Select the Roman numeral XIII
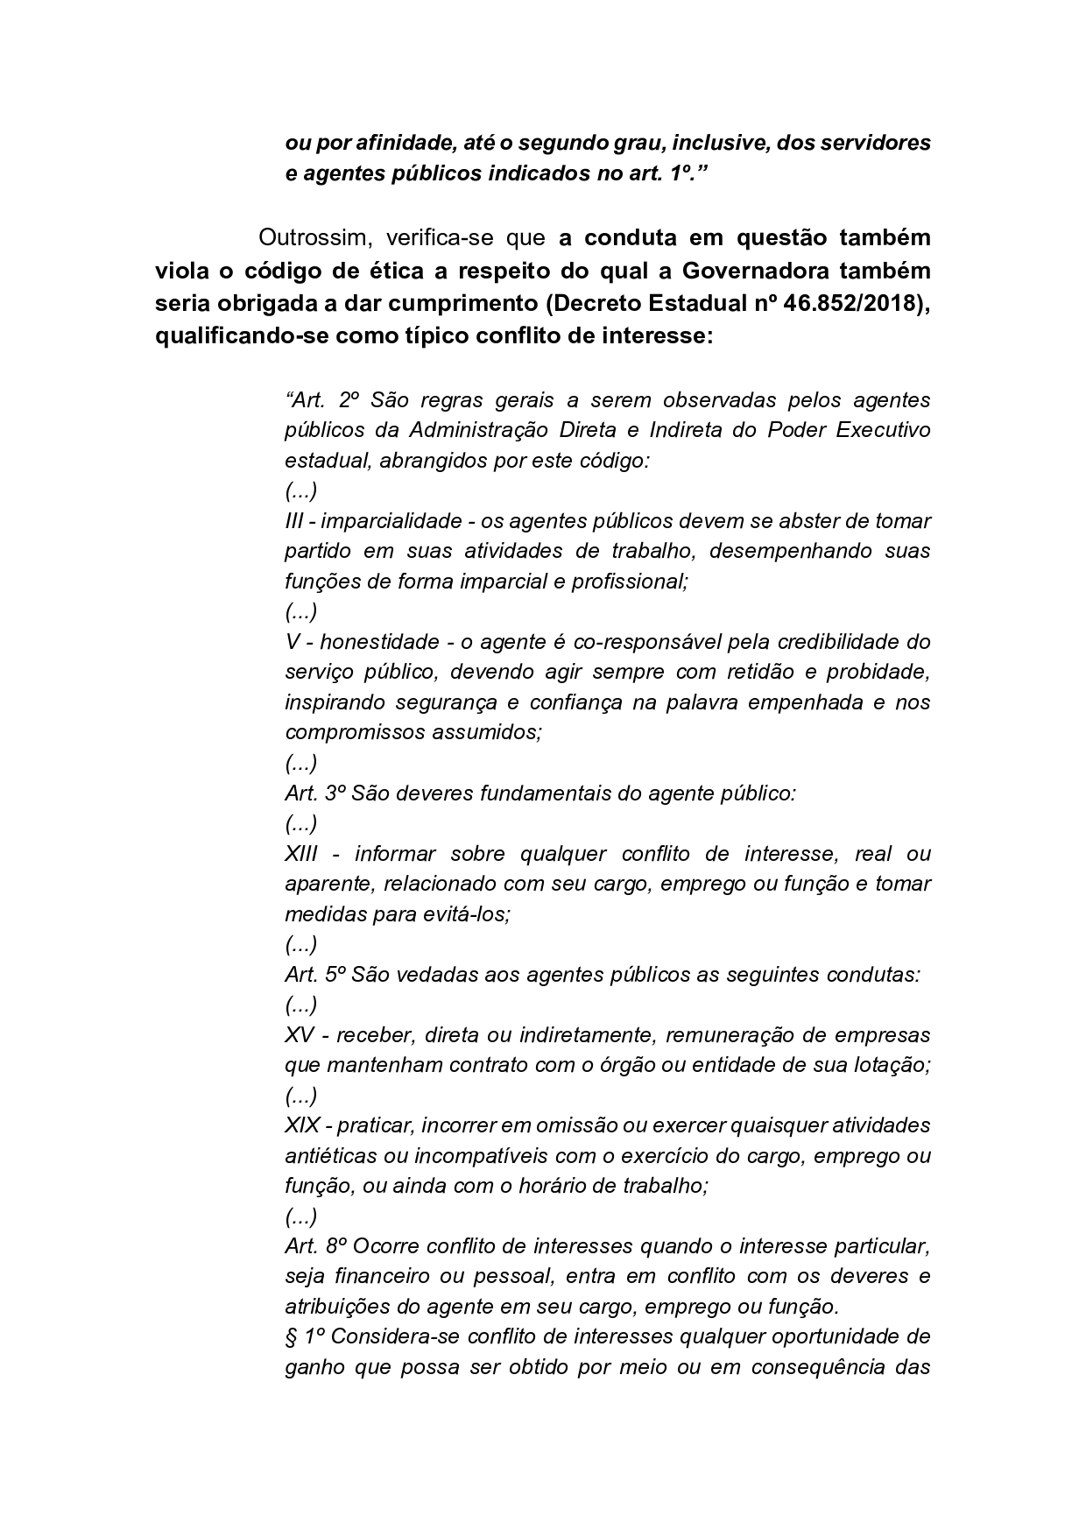click(301, 854)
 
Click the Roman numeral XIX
click(301, 1125)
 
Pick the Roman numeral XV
click(299, 1035)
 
